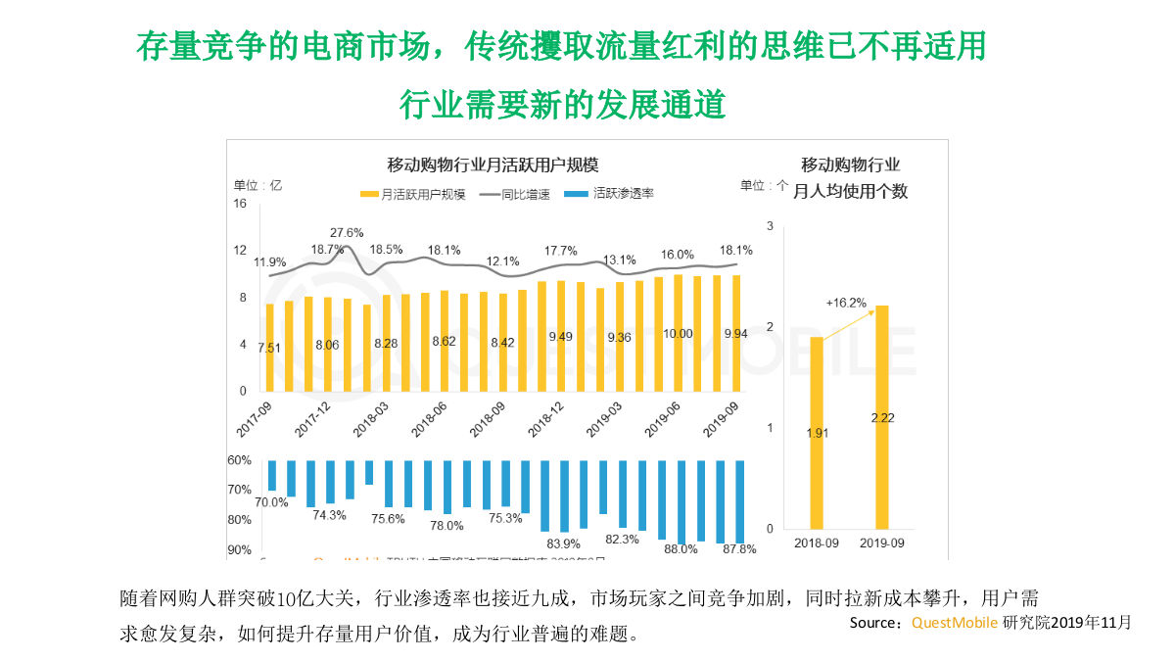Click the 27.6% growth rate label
347,232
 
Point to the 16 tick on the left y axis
240,204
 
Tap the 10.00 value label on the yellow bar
678,334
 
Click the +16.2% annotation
846,303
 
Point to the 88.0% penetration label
681,549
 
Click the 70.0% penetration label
271,502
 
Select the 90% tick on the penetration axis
240,550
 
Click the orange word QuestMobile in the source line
955,622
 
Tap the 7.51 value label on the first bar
270,348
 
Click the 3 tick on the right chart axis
770,226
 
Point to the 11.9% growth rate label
270,262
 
